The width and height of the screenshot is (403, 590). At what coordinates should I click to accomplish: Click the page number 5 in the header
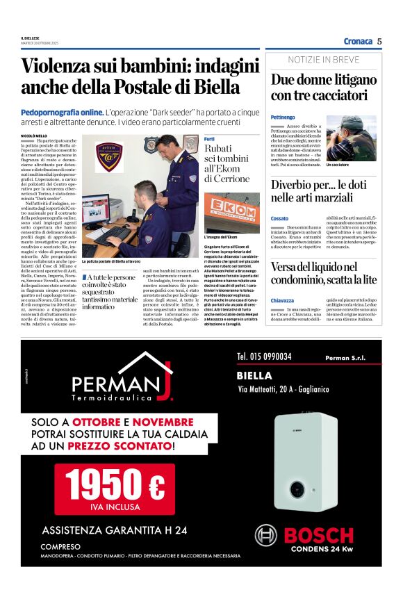pos(379,41)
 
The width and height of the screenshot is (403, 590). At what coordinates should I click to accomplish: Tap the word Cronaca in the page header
pos(358,41)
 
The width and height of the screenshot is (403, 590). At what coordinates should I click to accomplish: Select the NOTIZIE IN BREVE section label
pos(323,60)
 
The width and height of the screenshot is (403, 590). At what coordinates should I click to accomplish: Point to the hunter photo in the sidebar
pos(351,138)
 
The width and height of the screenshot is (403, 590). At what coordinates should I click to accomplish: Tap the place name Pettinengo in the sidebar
pos(283,117)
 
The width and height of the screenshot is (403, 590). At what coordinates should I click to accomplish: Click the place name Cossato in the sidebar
pos(279,219)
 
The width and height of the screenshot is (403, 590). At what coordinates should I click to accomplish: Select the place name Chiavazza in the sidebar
pos(282,300)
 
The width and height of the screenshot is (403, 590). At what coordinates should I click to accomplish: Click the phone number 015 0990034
pos(264,357)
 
